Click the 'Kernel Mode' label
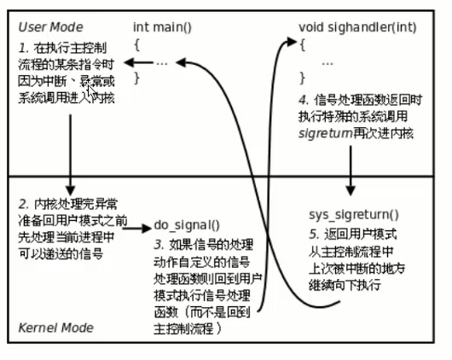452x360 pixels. (55, 328)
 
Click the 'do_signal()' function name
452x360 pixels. (186, 225)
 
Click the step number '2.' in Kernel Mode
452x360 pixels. (23, 205)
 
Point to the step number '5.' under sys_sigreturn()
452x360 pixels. (312, 234)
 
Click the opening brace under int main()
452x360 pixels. (136, 44)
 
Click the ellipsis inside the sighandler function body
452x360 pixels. (327, 62)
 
